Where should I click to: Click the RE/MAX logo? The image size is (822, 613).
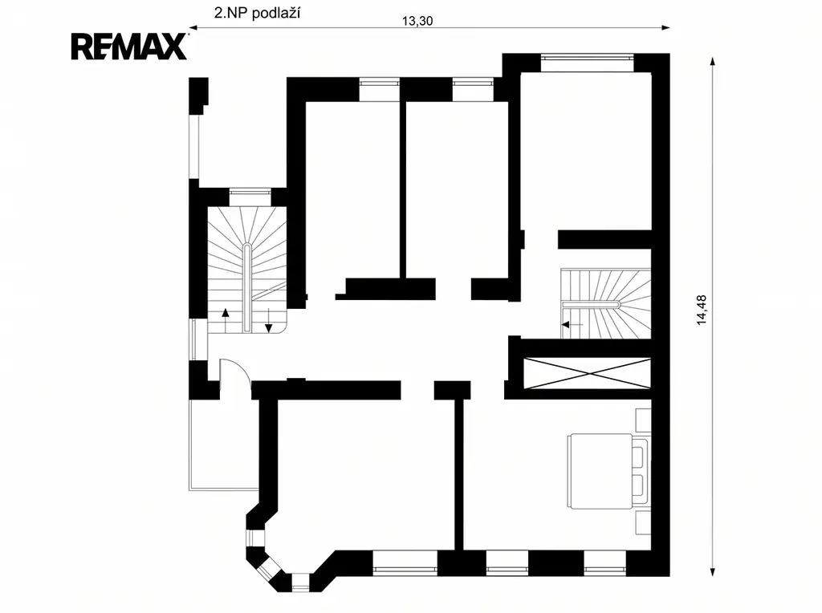tap(129, 47)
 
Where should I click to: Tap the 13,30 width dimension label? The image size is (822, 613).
tap(417, 21)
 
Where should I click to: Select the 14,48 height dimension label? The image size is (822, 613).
tap(702, 311)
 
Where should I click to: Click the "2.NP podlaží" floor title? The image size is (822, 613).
tap(257, 13)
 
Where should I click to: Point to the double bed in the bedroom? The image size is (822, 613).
tap(608, 471)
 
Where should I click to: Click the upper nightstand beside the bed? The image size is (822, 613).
tap(643, 420)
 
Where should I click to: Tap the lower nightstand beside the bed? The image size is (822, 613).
tap(643, 522)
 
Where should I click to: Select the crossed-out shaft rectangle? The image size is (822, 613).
tap(587, 374)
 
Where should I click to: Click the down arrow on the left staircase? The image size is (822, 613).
tap(268, 321)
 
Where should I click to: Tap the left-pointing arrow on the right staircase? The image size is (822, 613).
tap(572, 325)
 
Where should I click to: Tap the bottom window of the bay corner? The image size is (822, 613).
tap(300, 583)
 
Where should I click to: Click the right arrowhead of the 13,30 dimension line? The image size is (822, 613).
tap(666, 28)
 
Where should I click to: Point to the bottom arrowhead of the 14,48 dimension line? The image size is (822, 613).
tap(713, 572)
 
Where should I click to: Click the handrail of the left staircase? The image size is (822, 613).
tap(247, 287)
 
